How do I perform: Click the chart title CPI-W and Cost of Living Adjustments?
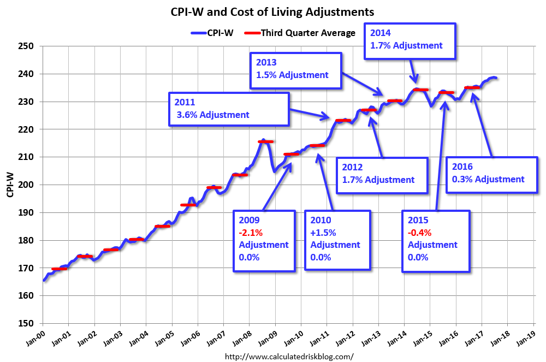(273, 11)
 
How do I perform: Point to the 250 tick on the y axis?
(29, 46)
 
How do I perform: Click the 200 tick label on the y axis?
(29, 185)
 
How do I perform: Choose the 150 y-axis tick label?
(29, 323)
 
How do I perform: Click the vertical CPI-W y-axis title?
(10, 184)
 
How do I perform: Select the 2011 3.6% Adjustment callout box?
(228, 109)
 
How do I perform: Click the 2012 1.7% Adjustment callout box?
(381, 174)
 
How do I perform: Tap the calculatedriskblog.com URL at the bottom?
(289, 356)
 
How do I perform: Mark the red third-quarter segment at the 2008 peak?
(265, 141)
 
